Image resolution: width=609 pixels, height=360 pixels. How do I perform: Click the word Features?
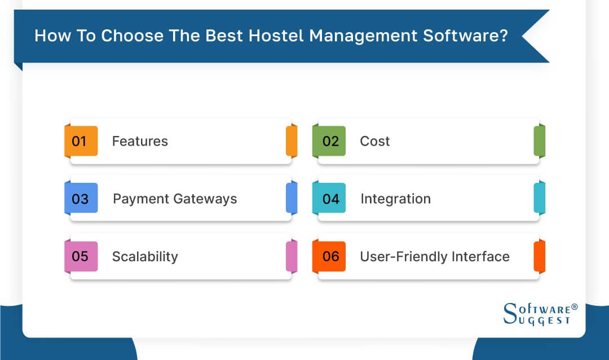pyautogui.click(x=140, y=141)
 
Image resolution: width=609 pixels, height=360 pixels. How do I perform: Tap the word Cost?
pyautogui.click(x=375, y=141)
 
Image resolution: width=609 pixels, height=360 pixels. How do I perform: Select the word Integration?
pyautogui.click(x=395, y=199)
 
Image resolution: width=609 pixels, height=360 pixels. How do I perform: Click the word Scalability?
pyautogui.click(x=145, y=256)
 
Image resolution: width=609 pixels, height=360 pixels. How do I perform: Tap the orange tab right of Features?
pyautogui.click(x=292, y=141)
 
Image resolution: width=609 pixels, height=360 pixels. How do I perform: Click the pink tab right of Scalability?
pyautogui.click(x=292, y=256)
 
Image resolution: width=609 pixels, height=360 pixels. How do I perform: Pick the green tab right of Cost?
pyautogui.click(x=540, y=141)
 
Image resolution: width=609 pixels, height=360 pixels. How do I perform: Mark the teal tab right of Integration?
pyautogui.click(x=540, y=199)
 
